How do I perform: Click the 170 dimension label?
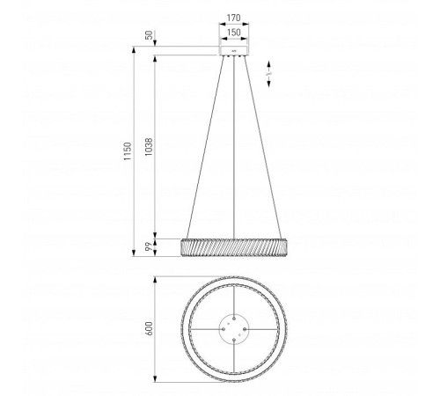(x=234, y=18)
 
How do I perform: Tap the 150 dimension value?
(x=234, y=32)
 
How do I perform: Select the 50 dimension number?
(x=150, y=35)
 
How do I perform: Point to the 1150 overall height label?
(x=128, y=150)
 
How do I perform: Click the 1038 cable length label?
(x=149, y=147)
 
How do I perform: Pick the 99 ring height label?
(x=150, y=246)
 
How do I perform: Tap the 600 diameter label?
(x=149, y=328)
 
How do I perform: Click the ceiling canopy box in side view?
(x=234, y=50)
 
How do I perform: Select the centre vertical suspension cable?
(x=234, y=147)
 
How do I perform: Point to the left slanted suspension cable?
(x=205, y=147)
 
